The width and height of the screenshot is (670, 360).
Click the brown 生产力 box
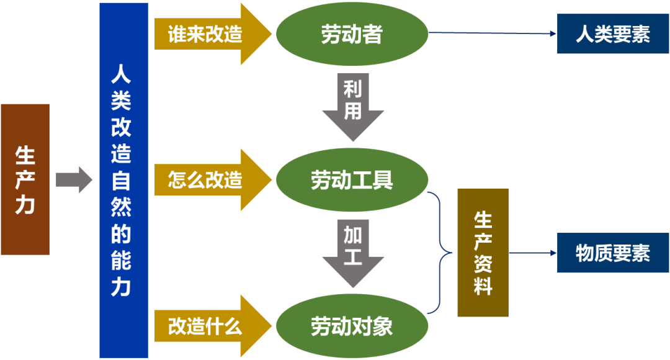click(x=25, y=179)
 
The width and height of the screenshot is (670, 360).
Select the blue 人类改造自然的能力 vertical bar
click(x=123, y=180)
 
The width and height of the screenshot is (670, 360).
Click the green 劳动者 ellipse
click(x=352, y=35)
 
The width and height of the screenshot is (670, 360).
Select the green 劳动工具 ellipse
click(x=352, y=181)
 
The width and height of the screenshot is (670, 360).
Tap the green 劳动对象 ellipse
click(x=352, y=326)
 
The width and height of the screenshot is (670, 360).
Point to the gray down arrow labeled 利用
click(x=352, y=106)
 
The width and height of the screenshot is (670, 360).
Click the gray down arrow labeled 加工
click(x=352, y=251)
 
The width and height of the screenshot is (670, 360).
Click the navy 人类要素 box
click(x=612, y=34)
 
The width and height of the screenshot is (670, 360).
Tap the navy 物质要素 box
click(x=612, y=253)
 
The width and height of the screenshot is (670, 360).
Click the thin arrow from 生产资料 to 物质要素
click(x=532, y=253)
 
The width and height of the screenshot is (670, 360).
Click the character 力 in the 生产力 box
click(x=25, y=204)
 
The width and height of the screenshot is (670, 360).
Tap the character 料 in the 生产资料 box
click(x=483, y=286)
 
